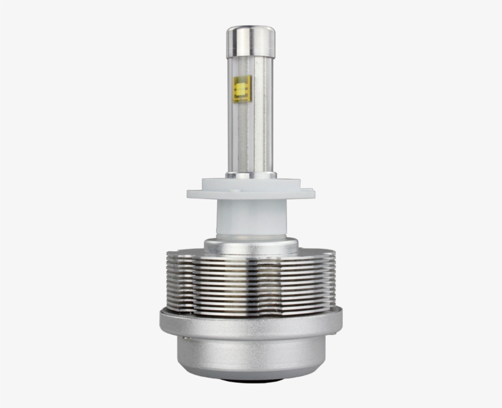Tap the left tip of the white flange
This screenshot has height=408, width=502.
(190, 194)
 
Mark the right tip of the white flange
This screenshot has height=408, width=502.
(312, 193)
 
